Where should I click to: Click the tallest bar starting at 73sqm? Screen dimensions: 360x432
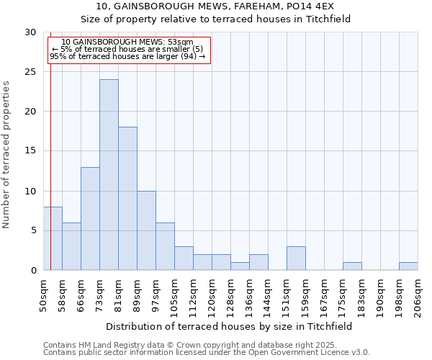tap(109, 175)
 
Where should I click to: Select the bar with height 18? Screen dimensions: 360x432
tap(127, 199)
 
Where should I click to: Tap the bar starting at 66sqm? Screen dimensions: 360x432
tap(90, 219)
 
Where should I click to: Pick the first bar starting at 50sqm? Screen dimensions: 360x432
tap(53, 238)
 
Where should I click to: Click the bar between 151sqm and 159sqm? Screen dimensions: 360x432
tap(296, 258)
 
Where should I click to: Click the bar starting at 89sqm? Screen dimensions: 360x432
tap(146, 230)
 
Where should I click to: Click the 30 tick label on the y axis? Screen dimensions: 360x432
tap(30, 32)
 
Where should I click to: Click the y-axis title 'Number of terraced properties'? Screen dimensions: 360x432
tap(6, 154)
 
